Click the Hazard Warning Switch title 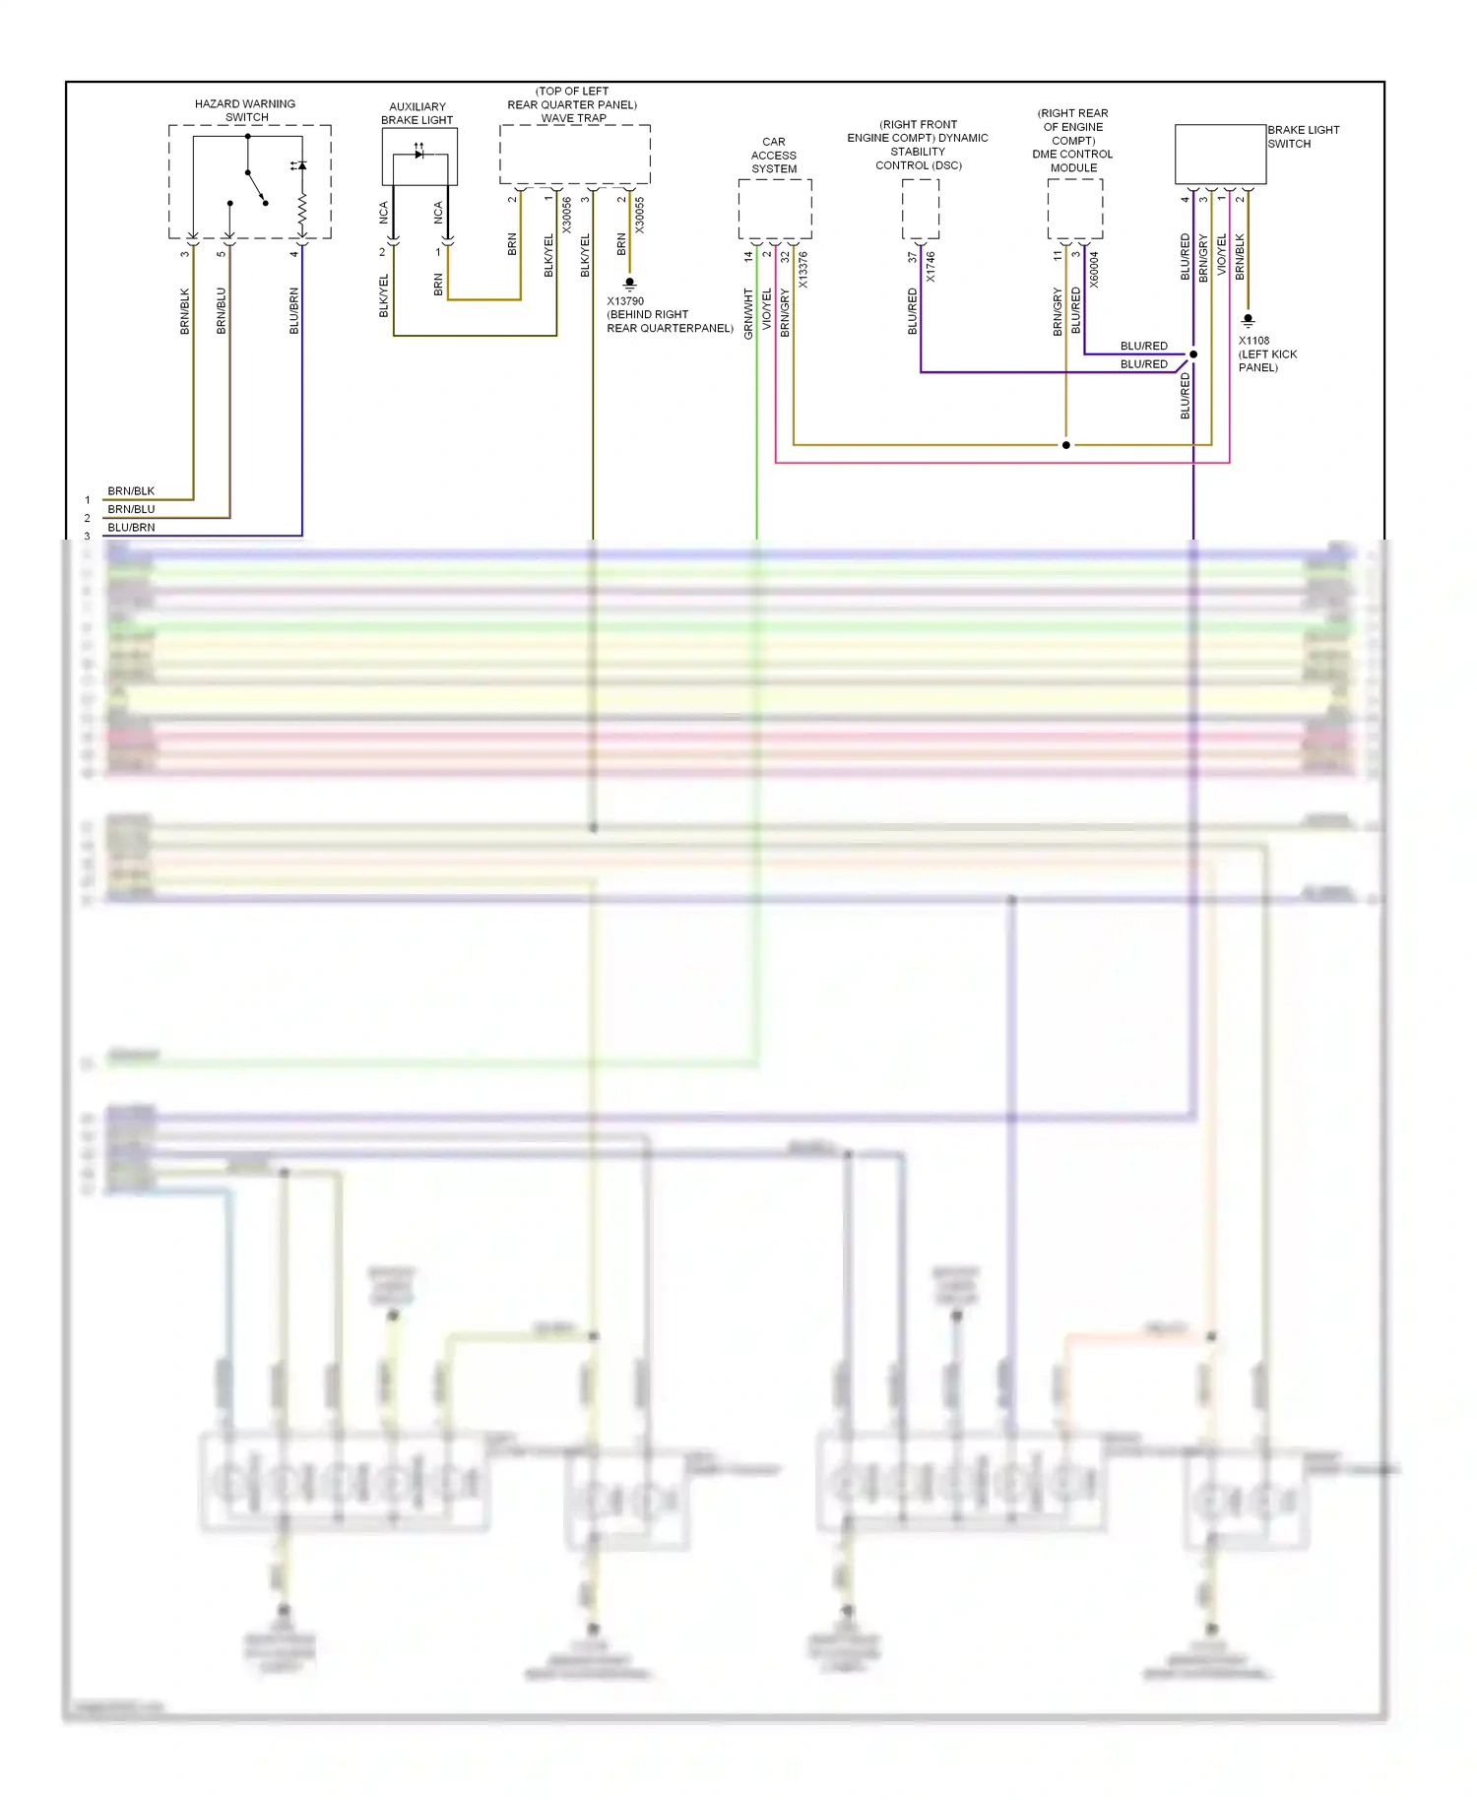coord(245,110)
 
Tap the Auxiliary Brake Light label coord(417,113)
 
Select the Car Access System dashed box coord(775,209)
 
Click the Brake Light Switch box coord(1220,154)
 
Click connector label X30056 coord(567,216)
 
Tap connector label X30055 coord(640,216)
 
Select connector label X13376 coord(803,270)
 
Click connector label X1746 coord(931,267)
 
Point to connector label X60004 coord(1094,270)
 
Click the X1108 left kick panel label coord(1267,354)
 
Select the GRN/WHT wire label coord(748,314)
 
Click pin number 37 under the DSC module coord(912,257)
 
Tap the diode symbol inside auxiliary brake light coord(419,154)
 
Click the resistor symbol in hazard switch coord(302,209)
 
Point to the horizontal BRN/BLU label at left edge coord(131,509)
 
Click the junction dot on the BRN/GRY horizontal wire coord(1065,445)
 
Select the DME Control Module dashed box coord(1074,209)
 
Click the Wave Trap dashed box coord(575,154)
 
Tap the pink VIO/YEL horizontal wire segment coord(985,462)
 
